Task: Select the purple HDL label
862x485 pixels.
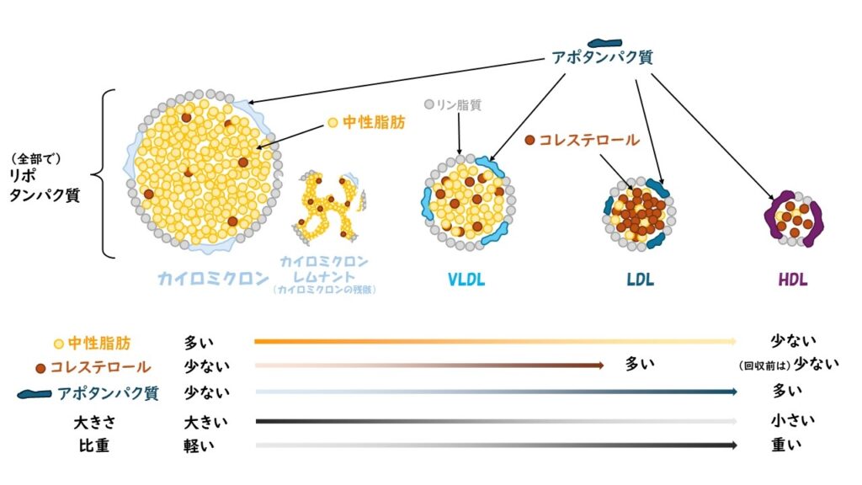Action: click(793, 280)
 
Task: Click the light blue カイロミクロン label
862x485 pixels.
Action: click(213, 279)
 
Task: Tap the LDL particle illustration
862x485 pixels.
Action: click(638, 213)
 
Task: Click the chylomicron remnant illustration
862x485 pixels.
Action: click(328, 204)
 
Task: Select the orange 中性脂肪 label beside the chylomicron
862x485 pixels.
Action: click(373, 123)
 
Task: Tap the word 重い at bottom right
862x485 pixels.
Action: click(787, 445)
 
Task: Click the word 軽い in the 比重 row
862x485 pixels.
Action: click(200, 445)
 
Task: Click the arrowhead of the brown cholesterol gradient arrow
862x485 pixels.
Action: click(600, 365)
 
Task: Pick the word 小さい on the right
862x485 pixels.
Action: click(792, 420)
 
